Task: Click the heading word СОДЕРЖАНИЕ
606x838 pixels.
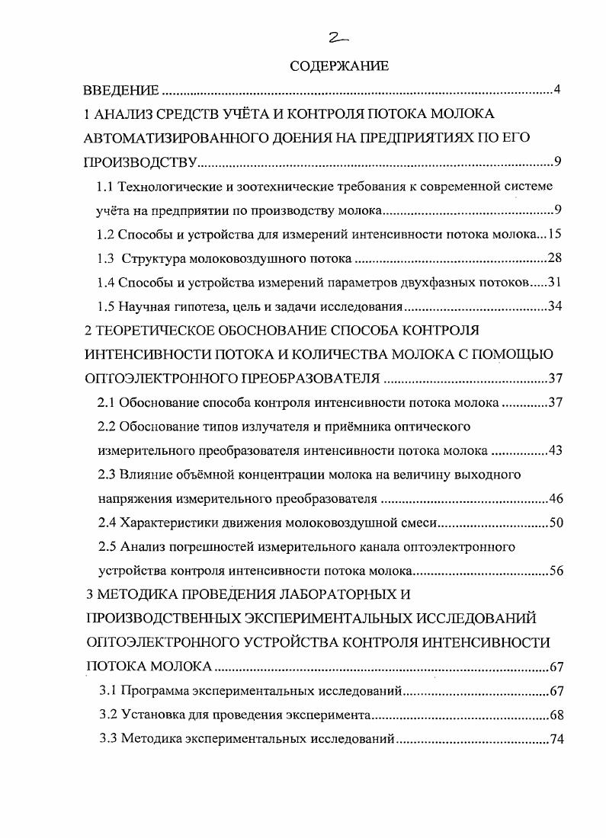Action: [339, 66]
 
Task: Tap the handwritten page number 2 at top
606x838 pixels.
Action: [335, 39]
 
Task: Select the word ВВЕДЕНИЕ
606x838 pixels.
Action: [121, 91]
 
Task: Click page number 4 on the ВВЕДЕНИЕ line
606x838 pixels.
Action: [557, 91]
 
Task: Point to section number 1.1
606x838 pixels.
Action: [105, 186]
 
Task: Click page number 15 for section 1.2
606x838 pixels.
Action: [555, 234]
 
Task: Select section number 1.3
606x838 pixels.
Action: [105, 258]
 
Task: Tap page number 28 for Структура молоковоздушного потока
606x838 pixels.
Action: [554, 257]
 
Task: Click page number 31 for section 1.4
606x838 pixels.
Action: [554, 282]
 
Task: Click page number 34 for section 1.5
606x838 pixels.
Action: [555, 306]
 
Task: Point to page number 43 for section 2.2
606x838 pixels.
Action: [555, 450]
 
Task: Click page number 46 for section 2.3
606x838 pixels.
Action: [556, 499]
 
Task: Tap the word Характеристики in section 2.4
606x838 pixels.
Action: [163, 523]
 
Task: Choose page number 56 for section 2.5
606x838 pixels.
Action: [556, 571]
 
